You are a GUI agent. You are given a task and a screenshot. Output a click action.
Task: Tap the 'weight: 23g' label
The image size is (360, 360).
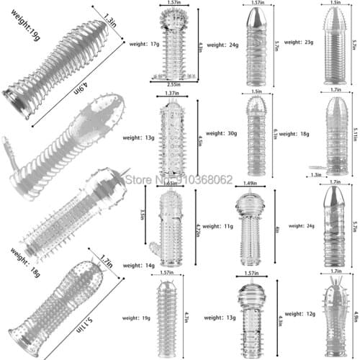(297, 42)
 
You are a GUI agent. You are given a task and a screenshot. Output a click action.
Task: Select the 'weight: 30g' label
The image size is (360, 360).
(220, 134)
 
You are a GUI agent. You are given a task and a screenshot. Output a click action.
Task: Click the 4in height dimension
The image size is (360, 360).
(277, 230)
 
